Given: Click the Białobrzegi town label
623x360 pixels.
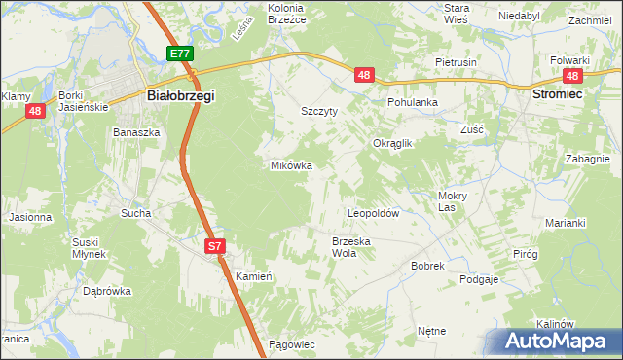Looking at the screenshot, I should (x=180, y=96).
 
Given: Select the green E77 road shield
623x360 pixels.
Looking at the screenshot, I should (x=179, y=54).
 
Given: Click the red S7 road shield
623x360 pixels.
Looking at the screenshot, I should (x=216, y=248).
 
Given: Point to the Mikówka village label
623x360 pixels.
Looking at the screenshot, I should (x=291, y=165).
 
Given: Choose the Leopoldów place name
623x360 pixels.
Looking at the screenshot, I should (x=375, y=212).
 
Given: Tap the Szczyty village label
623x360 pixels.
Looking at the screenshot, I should (x=319, y=112).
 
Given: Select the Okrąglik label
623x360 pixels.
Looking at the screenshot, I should (x=393, y=143).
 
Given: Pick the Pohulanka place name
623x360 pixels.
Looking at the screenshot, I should (x=413, y=101).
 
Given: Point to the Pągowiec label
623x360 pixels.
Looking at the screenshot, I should (x=290, y=344).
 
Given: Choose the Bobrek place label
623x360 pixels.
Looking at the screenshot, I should (x=427, y=265).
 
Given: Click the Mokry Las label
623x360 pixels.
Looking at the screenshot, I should (x=447, y=200).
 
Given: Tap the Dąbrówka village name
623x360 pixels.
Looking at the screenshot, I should (x=107, y=290).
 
